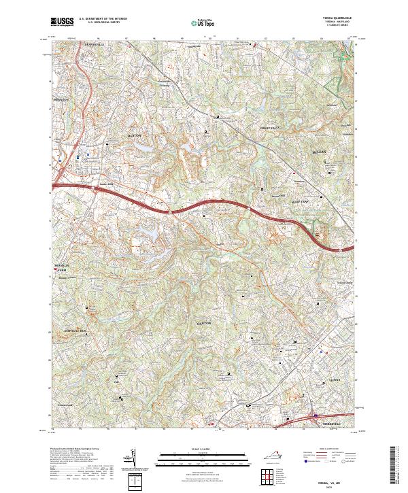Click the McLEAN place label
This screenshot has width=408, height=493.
pos(321,151)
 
